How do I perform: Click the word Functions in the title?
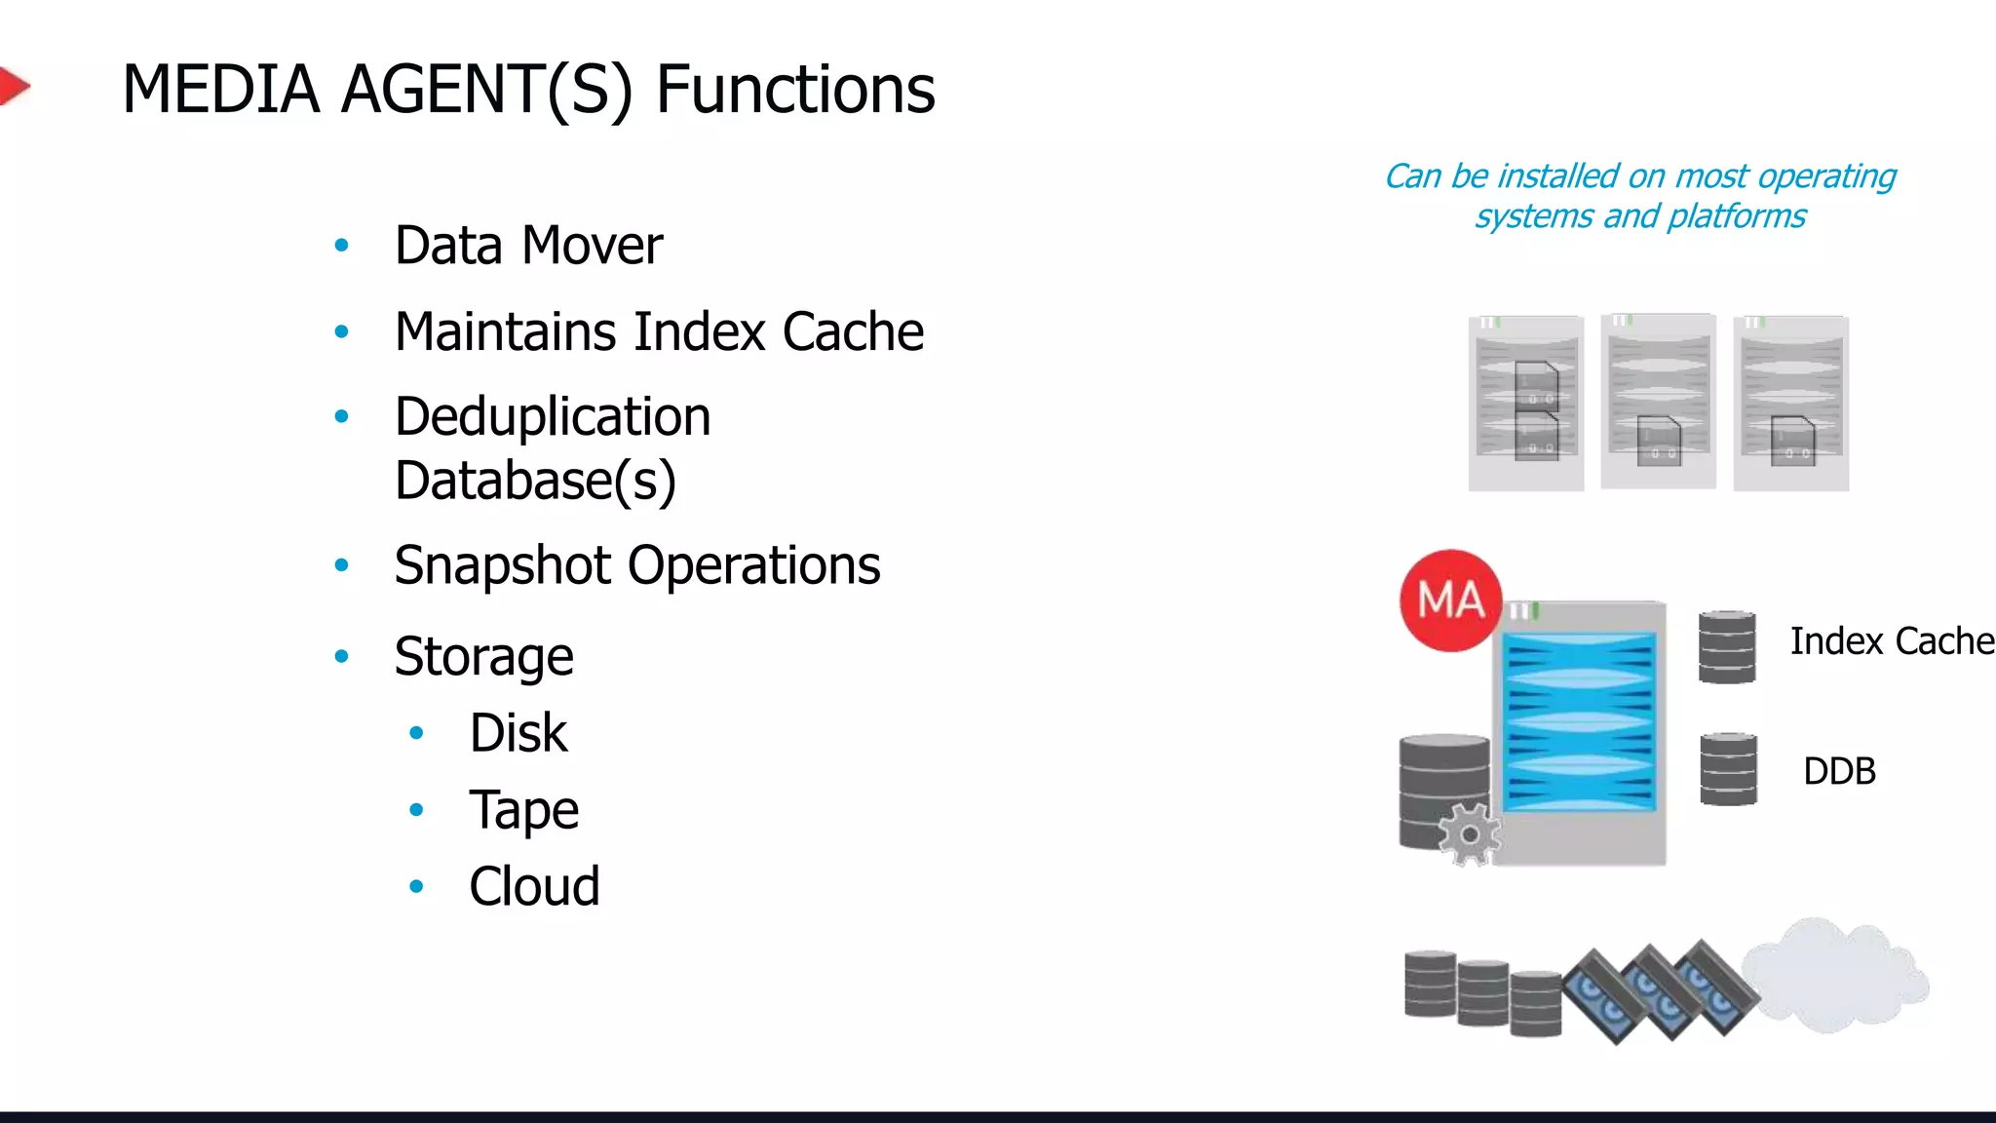click(x=794, y=90)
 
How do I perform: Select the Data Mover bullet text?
click(x=527, y=245)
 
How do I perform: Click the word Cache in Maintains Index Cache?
click(x=853, y=331)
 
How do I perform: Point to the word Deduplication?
click(x=552, y=417)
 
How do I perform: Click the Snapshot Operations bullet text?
click(x=636, y=565)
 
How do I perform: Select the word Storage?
click(x=483, y=656)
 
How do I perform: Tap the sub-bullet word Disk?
click(x=518, y=733)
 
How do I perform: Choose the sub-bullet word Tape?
click(x=523, y=810)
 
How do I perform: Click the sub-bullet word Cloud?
click(x=534, y=886)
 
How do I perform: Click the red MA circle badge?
click(x=1450, y=600)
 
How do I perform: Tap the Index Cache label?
click(x=1891, y=641)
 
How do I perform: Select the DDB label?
click(x=1838, y=771)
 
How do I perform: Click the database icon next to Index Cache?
click(x=1726, y=646)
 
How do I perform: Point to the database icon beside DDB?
click(x=1728, y=769)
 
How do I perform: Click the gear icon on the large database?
click(x=1469, y=834)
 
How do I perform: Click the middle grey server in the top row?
click(x=1658, y=402)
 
